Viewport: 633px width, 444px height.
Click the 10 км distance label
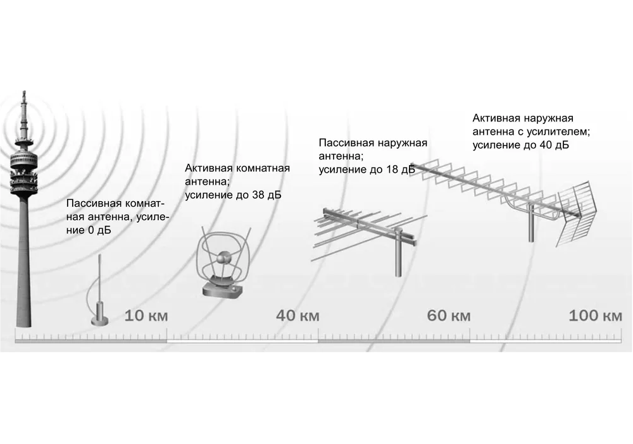tap(146, 315)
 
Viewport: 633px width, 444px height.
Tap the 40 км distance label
tap(297, 315)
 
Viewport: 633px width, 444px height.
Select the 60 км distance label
tap(449, 315)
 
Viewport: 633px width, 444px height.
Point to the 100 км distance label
tap(595, 315)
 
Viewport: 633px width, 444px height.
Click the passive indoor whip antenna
tap(99, 291)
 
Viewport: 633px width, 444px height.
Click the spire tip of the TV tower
tap(23, 95)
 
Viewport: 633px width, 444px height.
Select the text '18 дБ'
tap(399, 170)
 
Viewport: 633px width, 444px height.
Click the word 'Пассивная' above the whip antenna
tap(93, 204)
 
